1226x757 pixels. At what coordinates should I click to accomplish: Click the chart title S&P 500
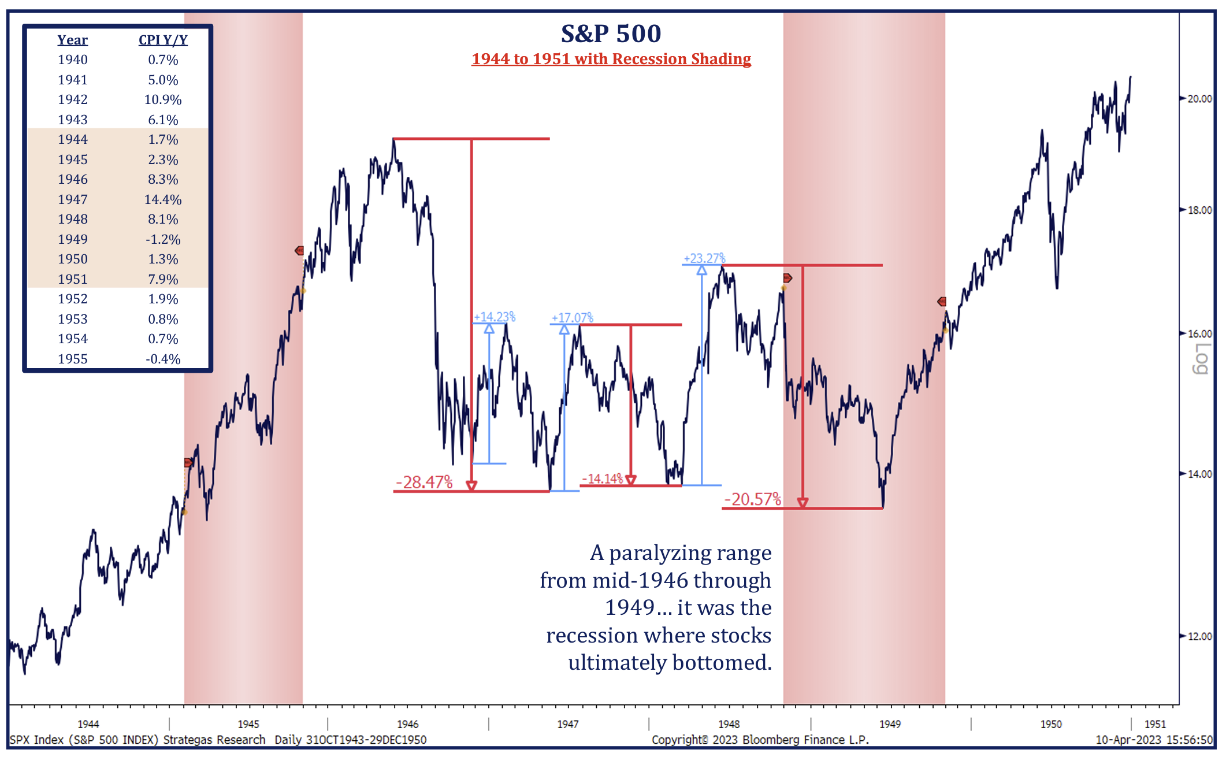pyautogui.click(x=611, y=34)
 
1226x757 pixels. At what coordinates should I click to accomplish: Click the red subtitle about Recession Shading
pyautogui.click(x=611, y=59)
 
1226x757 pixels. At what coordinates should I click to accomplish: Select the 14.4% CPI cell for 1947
pyautogui.click(x=163, y=199)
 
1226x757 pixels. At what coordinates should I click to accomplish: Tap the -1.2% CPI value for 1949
pyautogui.click(x=163, y=239)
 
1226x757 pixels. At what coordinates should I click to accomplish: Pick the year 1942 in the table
pyautogui.click(x=73, y=99)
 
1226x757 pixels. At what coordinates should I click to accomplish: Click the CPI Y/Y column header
pyautogui.click(x=163, y=40)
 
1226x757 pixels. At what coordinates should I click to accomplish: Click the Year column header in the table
pyautogui.click(x=73, y=40)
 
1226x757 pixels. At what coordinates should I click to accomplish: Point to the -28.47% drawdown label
pyautogui.click(x=424, y=482)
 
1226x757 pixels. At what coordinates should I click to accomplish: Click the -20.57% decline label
pyautogui.click(x=752, y=499)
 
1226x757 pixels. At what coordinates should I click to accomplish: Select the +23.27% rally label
pyautogui.click(x=704, y=258)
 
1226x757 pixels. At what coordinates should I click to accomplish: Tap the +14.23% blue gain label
pyautogui.click(x=495, y=317)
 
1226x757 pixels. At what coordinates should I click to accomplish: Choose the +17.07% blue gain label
pyautogui.click(x=572, y=317)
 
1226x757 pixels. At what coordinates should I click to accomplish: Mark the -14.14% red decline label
pyautogui.click(x=602, y=478)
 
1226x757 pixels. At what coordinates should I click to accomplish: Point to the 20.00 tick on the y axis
pyautogui.click(x=1199, y=99)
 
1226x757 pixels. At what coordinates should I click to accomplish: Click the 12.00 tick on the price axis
pyautogui.click(x=1199, y=636)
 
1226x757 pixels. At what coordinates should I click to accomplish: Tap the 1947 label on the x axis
pyautogui.click(x=568, y=724)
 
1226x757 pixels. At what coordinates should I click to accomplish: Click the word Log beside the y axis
pyautogui.click(x=1202, y=358)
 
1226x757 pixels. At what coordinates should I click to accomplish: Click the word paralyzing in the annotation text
pyautogui.click(x=690, y=553)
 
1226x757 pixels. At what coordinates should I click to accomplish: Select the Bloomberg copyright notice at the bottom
pyautogui.click(x=760, y=740)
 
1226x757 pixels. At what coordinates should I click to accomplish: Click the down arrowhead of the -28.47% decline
pyautogui.click(x=471, y=485)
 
